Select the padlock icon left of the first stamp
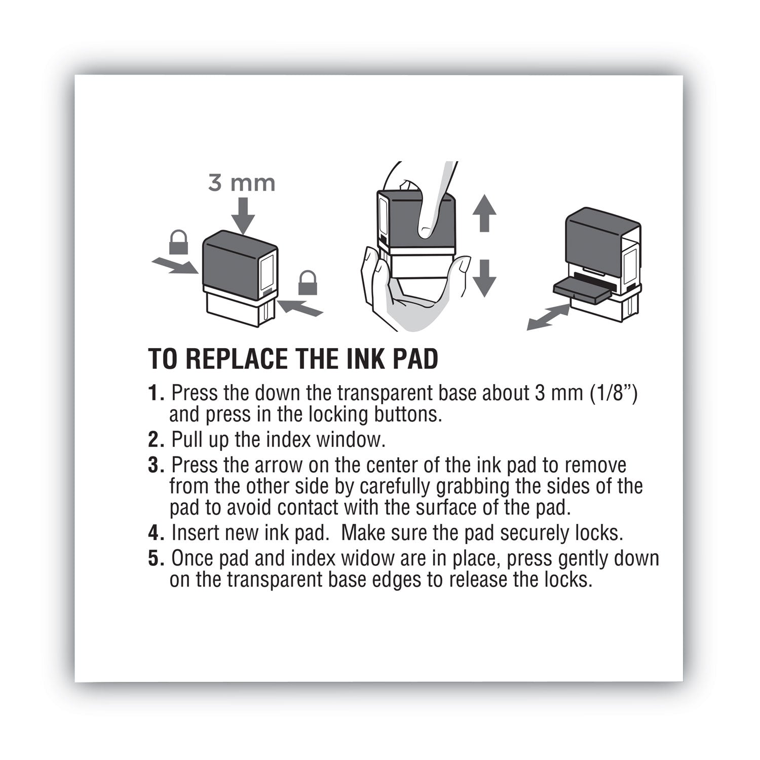coord(178,242)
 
